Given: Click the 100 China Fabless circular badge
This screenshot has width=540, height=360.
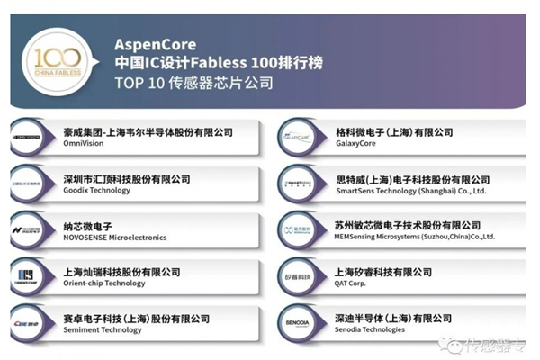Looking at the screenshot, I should coord(58,60).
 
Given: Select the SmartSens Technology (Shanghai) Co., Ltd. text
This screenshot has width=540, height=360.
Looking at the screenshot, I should coord(409,191).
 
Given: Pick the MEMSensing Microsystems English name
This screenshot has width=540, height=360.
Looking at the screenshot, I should coord(415,238).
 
